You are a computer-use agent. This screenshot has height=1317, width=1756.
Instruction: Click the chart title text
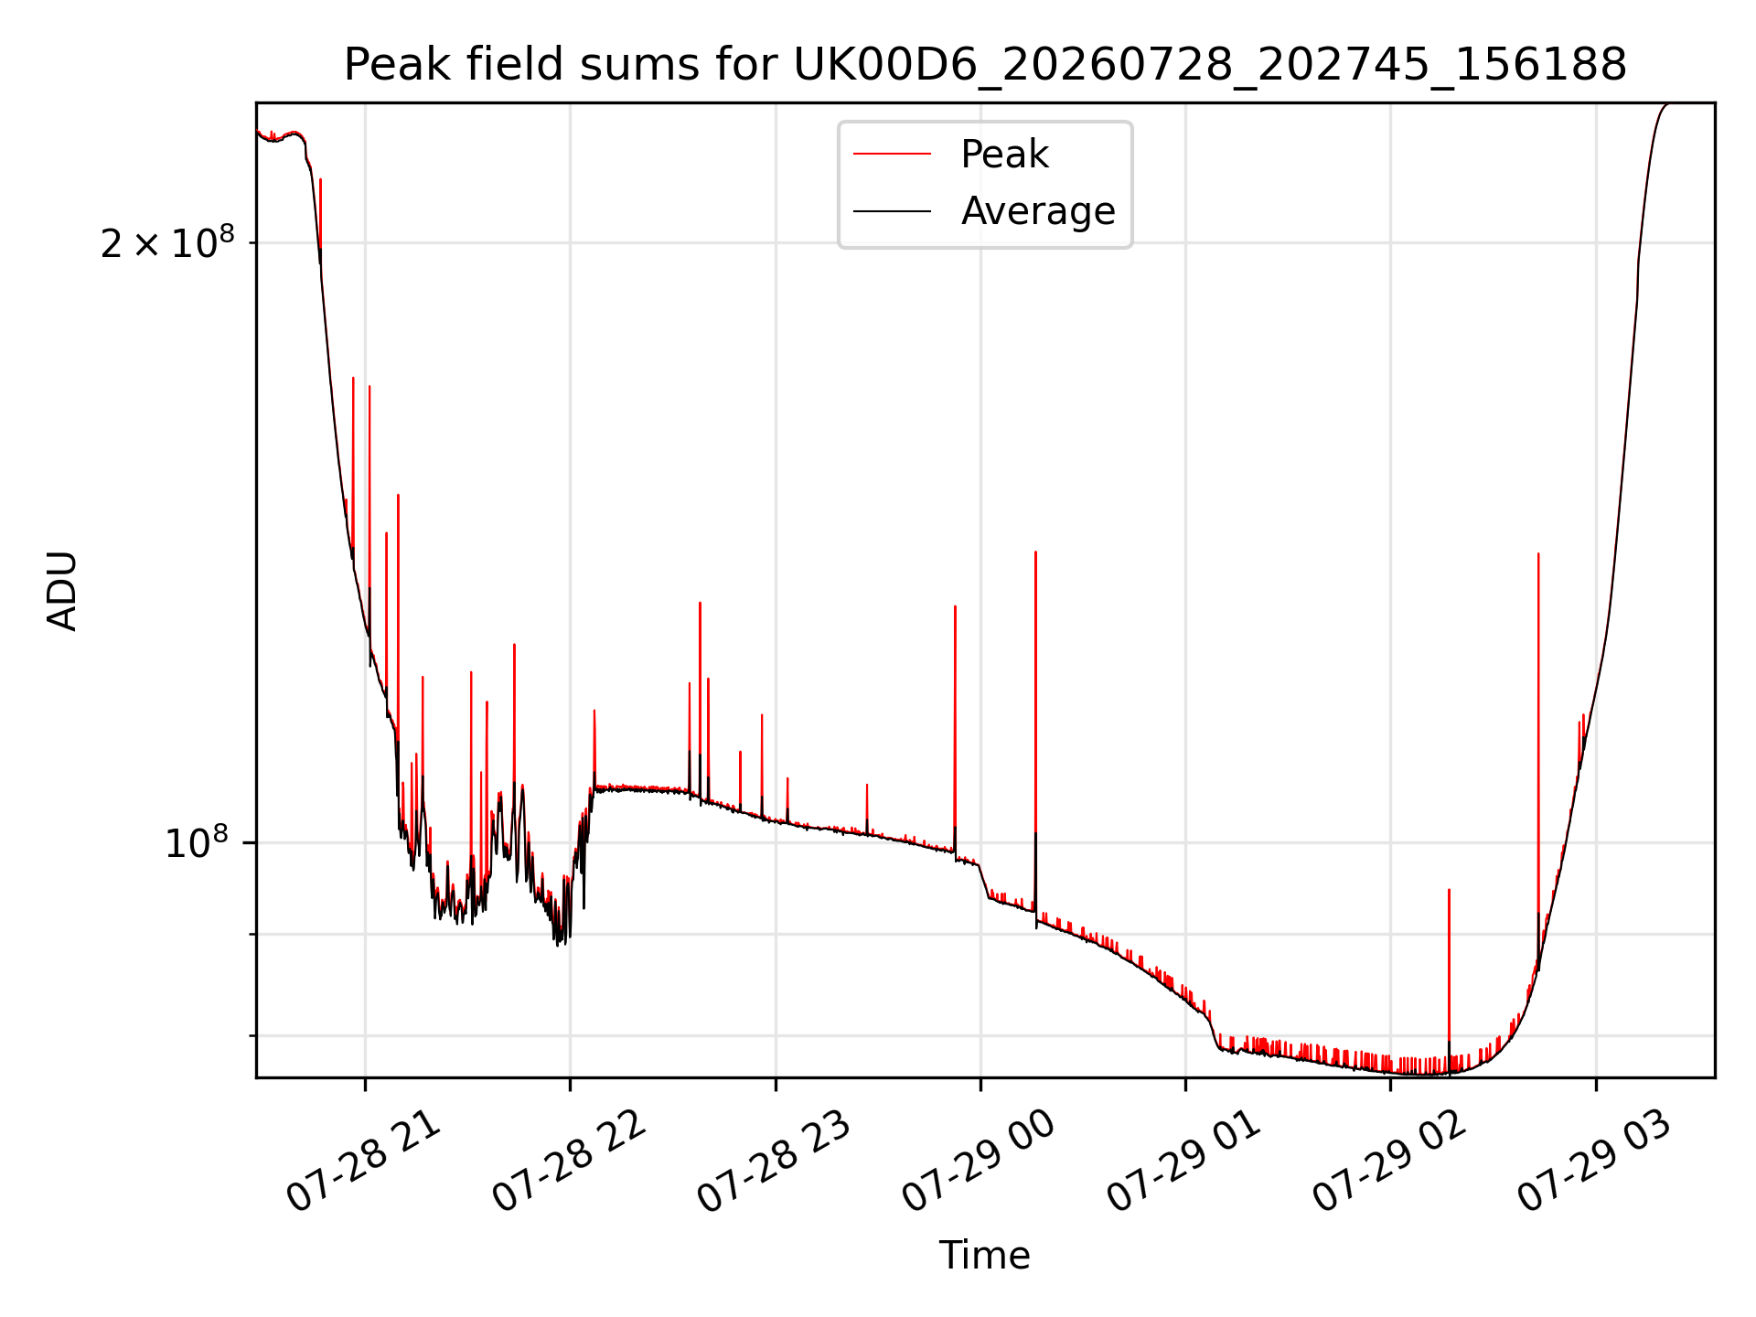pyautogui.click(x=985, y=65)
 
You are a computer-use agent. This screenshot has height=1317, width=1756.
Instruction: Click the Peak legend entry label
pyautogui.click(x=1004, y=155)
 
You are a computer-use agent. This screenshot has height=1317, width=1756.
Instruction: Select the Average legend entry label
pyautogui.click(x=1038, y=211)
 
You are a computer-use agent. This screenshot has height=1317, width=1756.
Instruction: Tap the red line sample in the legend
pyautogui.click(x=892, y=155)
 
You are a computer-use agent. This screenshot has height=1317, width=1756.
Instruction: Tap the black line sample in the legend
pyautogui.click(x=892, y=211)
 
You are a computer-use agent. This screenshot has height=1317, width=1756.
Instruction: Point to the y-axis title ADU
pyautogui.click(x=63, y=591)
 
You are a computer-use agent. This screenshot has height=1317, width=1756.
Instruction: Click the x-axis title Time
pyautogui.click(x=985, y=1256)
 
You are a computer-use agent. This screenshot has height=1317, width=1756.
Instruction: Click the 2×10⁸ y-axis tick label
pyautogui.click(x=167, y=242)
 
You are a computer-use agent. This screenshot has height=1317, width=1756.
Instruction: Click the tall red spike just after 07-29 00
pyautogui.click(x=1035, y=732)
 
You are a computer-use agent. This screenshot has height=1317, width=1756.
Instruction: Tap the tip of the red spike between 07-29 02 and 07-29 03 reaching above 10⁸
pyautogui.click(x=1538, y=553)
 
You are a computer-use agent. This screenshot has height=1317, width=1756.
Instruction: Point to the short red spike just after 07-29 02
pyautogui.click(x=1449, y=979)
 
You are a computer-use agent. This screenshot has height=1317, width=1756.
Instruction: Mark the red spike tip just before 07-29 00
pyautogui.click(x=955, y=605)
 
